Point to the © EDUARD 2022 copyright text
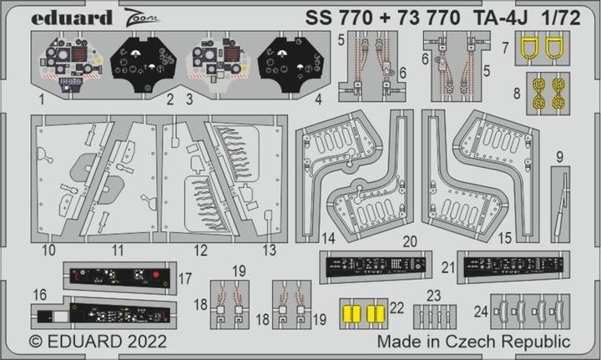98,342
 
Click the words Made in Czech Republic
473,342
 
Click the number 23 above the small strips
433,295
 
